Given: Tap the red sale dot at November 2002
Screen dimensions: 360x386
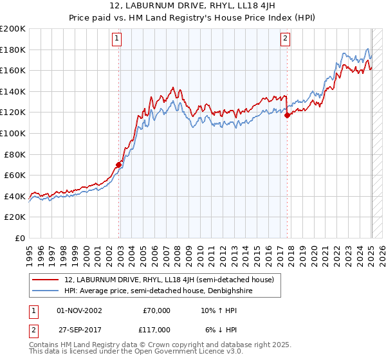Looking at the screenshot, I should [x=118, y=165].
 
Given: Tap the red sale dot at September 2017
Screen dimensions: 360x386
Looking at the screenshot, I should [x=288, y=115].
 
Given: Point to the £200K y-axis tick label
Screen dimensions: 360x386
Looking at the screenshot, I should [x=13, y=29].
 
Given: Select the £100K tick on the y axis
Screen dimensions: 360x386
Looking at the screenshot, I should [x=13, y=133].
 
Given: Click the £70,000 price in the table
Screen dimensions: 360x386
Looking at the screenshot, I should [x=156, y=310].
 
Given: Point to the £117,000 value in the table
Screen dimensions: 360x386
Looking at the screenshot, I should [x=156, y=329].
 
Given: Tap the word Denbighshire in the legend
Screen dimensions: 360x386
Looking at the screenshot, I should [x=237, y=291].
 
